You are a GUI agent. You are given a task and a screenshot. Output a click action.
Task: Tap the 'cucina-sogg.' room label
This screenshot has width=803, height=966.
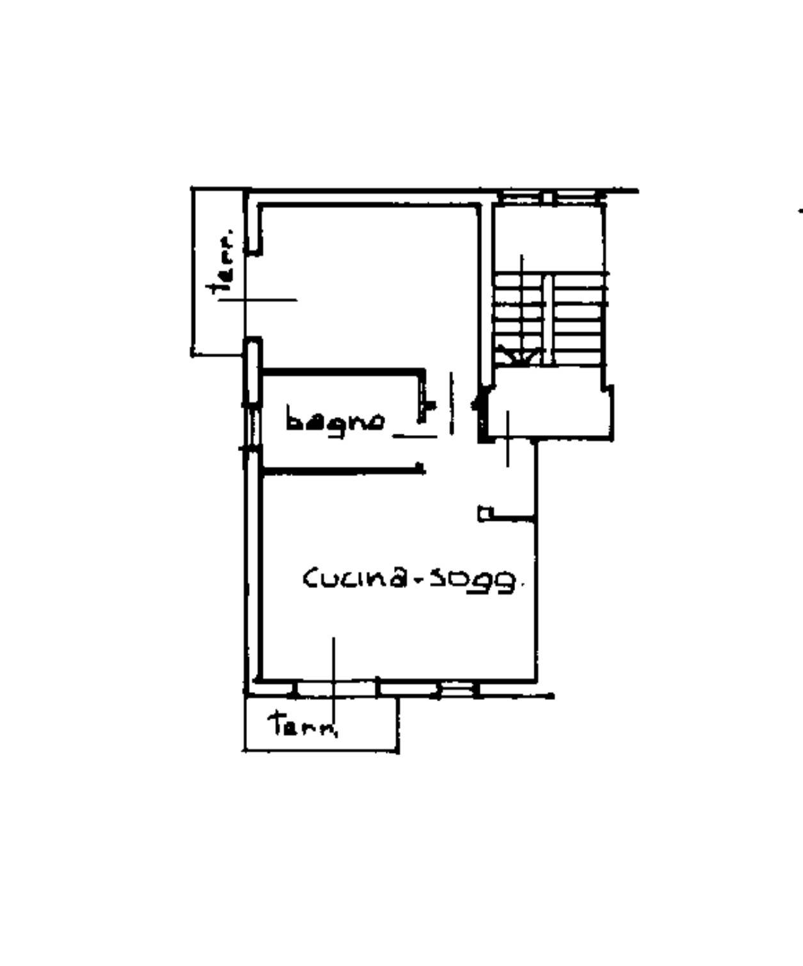[x=410, y=578]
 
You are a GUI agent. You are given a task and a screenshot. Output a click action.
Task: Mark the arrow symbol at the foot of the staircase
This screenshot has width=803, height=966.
[x=520, y=357]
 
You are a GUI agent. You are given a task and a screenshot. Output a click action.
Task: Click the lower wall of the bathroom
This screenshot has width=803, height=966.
[x=342, y=470]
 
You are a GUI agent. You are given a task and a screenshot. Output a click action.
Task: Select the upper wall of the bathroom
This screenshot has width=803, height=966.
[x=342, y=371]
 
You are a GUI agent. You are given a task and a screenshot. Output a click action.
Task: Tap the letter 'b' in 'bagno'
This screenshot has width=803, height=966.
[x=294, y=417]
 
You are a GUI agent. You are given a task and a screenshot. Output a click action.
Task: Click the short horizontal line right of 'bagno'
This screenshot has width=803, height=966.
[x=415, y=436]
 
